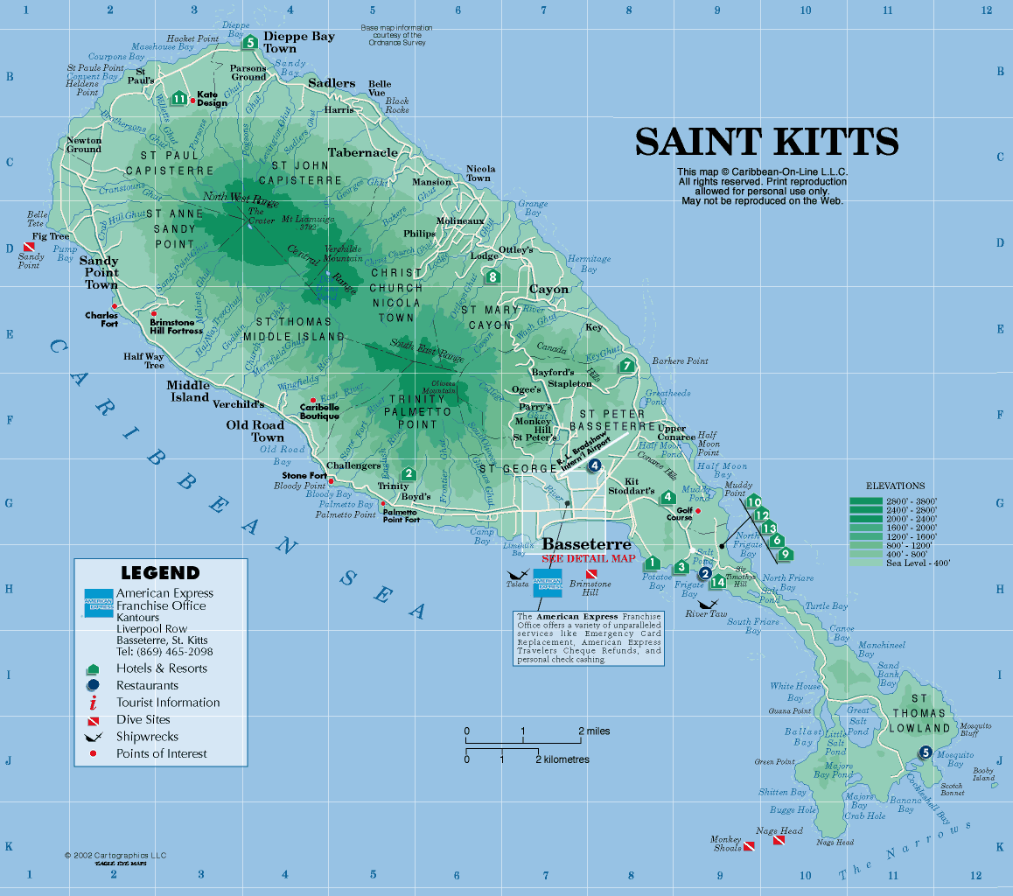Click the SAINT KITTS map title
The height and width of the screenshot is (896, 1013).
[766, 142]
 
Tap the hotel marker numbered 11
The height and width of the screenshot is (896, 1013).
[179, 98]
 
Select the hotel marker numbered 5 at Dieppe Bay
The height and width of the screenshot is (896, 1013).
[249, 42]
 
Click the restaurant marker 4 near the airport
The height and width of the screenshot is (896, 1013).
[595, 465]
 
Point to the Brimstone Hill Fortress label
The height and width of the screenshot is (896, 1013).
[176, 326]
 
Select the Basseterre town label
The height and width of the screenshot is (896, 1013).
[586, 544]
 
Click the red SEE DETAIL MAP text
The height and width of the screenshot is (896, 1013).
[588, 558]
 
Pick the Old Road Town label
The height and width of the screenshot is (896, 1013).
[255, 431]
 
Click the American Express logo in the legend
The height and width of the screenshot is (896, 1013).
[98, 603]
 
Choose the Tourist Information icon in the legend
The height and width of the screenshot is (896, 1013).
[93, 703]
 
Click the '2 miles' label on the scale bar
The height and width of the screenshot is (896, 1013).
[594, 731]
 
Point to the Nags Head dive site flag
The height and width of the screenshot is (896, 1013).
[779, 840]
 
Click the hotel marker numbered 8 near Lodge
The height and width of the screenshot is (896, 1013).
[493, 276]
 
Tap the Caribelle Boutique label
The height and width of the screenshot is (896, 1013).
[319, 411]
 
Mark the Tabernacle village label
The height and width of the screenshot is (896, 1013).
[362, 152]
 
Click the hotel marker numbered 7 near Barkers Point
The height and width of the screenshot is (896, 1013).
[625, 366]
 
